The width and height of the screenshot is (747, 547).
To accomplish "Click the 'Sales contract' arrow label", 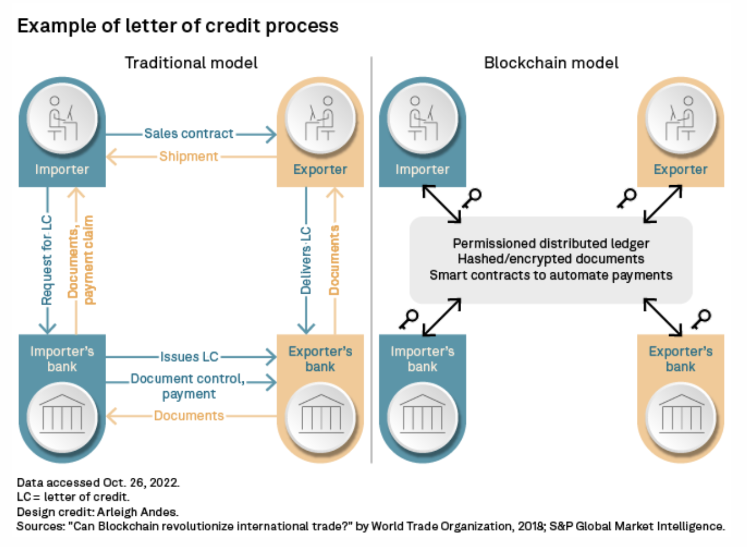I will click(x=188, y=134).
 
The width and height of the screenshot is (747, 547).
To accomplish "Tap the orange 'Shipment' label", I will click(x=188, y=156).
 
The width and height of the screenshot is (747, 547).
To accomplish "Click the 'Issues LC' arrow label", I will click(x=189, y=357).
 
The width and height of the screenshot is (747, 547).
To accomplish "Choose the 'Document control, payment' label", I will click(x=188, y=386).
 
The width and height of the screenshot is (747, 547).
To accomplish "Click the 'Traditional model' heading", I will click(x=191, y=63).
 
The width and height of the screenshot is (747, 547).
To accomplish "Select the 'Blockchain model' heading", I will click(x=551, y=63).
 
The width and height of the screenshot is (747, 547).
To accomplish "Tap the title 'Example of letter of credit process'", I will click(x=178, y=26).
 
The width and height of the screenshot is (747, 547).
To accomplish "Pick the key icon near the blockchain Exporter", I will click(x=627, y=198).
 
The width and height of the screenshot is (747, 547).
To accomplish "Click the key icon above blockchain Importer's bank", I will click(x=409, y=319).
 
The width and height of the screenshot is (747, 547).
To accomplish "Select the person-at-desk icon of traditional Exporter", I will click(x=320, y=119).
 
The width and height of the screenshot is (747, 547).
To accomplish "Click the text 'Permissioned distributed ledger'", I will click(x=550, y=243).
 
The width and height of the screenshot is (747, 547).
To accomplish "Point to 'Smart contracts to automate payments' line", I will click(x=550, y=275).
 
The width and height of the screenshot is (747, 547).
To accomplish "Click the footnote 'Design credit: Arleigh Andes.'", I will click(x=97, y=512).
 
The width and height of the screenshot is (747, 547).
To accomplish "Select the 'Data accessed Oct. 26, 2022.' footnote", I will click(x=98, y=482).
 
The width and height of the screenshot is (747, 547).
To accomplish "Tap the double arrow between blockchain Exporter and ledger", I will click(x=663, y=204).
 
